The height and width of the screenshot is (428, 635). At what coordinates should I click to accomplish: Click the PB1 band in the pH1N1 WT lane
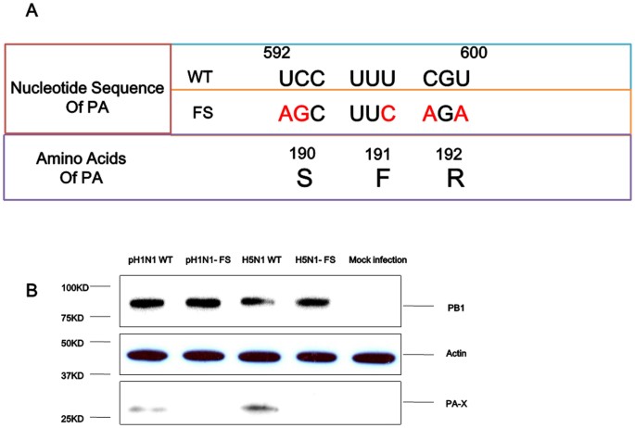pyautogui.click(x=151, y=303)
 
